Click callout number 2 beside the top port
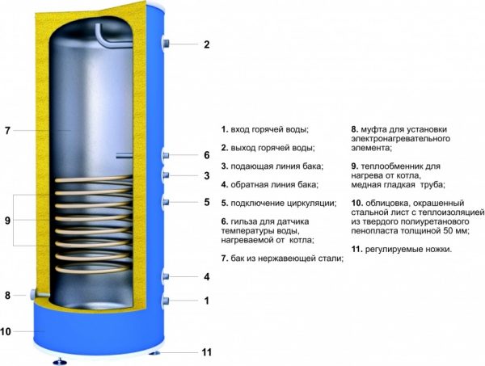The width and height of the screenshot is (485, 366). pos(206,44)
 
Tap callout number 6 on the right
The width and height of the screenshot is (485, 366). pos(206,155)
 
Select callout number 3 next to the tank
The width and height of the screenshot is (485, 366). pos(206,176)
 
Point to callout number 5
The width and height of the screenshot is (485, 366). pos(206,202)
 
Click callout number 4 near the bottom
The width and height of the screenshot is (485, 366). pos(206,277)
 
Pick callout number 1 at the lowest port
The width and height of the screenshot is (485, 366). pos(206,301)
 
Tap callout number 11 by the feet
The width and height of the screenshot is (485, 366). pos(206,352)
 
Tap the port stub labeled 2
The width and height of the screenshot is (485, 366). pos(166,43)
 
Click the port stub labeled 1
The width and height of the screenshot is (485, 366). pos(166,301)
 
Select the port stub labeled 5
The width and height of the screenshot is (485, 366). pos(166,201)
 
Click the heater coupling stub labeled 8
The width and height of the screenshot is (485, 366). pos(34,294)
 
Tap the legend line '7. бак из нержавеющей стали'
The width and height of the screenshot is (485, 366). pos(281,259)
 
